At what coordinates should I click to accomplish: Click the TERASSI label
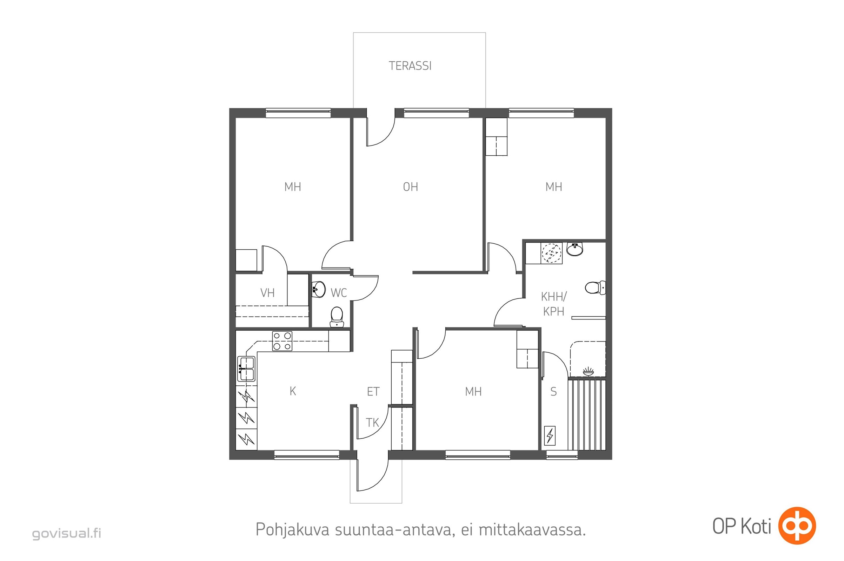point(410,66)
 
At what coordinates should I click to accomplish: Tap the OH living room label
point(410,187)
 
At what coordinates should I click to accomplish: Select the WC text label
point(339,293)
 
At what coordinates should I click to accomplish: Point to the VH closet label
point(267,293)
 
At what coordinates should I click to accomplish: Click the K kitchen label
point(293,391)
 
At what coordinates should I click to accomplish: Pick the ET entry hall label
point(373,392)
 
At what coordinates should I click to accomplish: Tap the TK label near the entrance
point(372,423)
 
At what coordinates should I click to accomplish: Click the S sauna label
point(553,392)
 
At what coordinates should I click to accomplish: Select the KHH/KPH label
point(553,304)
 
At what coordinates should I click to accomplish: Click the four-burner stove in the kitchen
point(282,341)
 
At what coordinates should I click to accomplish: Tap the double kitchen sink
point(246,369)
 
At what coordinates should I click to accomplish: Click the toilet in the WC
point(337,317)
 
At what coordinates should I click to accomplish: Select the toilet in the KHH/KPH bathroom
point(595,288)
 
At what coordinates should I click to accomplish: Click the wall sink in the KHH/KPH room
point(575,249)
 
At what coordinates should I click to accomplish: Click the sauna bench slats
point(587,415)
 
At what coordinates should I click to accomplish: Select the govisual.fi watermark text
point(67,533)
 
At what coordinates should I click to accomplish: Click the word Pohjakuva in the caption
point(292,530)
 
